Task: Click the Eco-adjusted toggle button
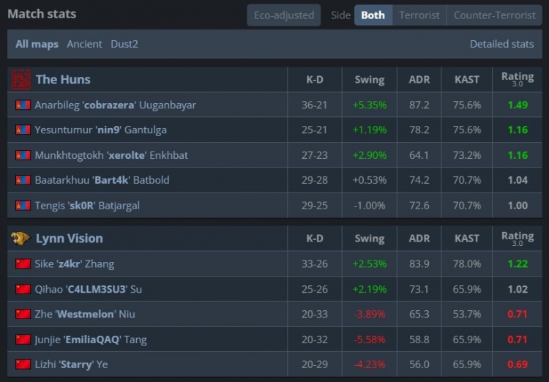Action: pos(283,15)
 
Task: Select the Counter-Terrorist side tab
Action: pos(494,15)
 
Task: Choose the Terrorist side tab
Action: pos(419,15)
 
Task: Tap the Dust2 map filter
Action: pos(124,44)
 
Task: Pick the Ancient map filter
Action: pos(84,44)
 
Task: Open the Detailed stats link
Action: pos(501,44)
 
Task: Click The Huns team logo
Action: pos(21,79)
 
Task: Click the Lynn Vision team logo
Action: pos(21,238)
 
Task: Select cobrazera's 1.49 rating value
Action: pos(518,105)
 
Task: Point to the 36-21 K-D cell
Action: pos(314,105)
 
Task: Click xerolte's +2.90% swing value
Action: pos(369,155)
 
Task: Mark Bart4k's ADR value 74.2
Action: pos(419,180)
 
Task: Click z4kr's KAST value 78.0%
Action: pos(466,263)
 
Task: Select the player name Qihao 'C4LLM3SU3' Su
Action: pos(88,289)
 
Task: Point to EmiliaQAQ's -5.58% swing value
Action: pos(369,339)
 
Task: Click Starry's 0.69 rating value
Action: pos(518,364)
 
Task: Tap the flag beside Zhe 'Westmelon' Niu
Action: pos(23,314)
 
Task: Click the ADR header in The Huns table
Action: pos(419,79)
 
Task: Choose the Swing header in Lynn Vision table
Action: pos(369,238)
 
